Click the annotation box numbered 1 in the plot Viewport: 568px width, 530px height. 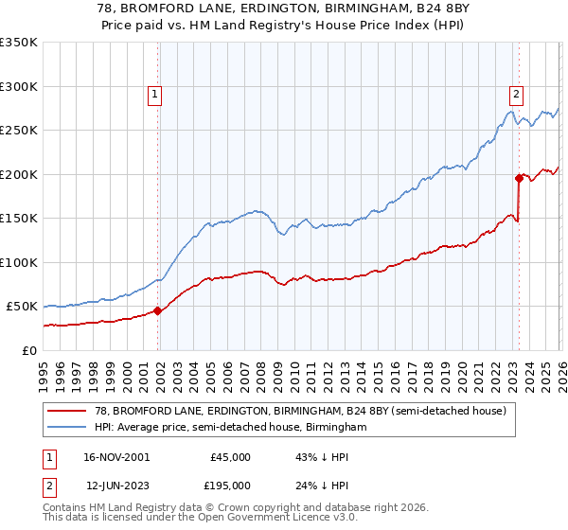154,94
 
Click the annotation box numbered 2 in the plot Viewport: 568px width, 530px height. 516,94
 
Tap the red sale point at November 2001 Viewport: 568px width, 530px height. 157,310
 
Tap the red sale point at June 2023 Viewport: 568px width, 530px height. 519,178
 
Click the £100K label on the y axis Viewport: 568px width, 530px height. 19,262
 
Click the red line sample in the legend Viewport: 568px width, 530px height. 67,411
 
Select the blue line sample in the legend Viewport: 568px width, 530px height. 67,428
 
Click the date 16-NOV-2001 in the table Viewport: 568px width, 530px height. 116,457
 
